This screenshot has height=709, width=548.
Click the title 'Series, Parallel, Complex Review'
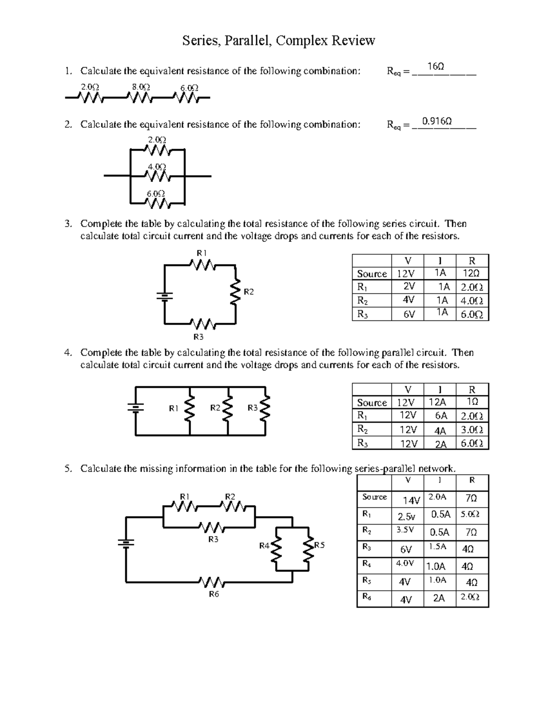279,41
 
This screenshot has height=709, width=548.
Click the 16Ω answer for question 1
435,67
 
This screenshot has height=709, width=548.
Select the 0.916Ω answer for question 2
437,121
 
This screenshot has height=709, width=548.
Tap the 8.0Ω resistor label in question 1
141,87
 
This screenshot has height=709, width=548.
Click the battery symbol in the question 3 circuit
164,296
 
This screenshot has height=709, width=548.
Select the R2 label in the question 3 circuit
248,292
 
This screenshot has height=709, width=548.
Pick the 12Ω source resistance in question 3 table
472,273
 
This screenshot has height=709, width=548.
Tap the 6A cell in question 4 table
441,416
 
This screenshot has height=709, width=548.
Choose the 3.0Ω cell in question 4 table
472,430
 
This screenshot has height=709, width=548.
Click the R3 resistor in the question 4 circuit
265,409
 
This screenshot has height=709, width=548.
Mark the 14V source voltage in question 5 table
411,501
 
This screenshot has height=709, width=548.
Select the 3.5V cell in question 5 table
405,530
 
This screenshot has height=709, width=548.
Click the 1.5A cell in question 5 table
437,546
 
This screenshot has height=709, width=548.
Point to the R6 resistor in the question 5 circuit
212,583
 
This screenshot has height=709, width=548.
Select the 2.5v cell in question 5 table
406,517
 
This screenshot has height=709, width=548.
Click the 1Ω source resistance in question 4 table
473,402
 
